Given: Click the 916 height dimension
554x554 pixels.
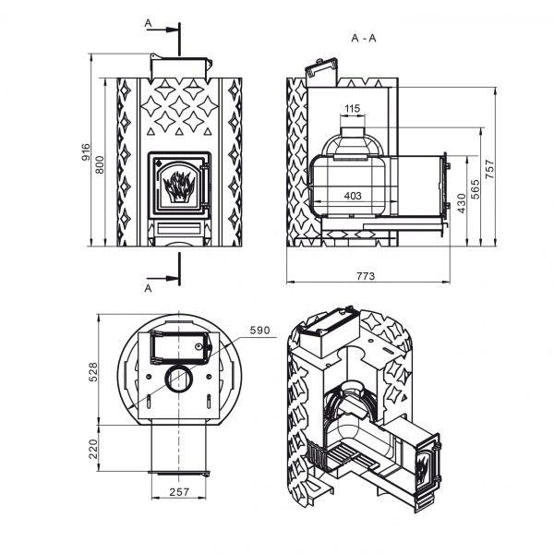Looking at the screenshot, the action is point(86,152).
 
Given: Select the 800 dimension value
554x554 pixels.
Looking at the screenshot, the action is point(101,164).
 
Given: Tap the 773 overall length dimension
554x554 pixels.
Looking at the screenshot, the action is point(366,276).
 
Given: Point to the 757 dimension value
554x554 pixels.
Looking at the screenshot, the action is point(490,169).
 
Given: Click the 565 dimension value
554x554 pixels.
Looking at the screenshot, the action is point(476,189).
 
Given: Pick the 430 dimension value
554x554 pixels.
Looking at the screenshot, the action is point(462,203).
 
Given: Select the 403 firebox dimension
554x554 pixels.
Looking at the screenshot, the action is point(353,196).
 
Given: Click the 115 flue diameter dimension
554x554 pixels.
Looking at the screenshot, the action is point(353,108).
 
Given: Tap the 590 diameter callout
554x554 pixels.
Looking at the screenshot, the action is point(259,331).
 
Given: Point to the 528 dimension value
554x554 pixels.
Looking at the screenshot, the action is point(93,372).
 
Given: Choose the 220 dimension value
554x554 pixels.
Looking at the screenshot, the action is point(93,449).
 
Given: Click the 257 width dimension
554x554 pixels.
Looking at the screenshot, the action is point(179,491).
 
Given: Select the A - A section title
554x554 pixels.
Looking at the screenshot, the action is point(364,38).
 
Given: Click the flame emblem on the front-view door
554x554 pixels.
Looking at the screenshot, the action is point(179,187).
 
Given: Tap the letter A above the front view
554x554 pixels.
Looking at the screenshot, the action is point(148,23).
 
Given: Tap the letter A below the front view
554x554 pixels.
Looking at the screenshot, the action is point(148,288).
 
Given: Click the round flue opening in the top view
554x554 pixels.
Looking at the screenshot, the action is point(179,379).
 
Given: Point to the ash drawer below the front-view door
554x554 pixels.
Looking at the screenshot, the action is point(179,229).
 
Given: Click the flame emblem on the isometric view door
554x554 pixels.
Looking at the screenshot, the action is point(422,467).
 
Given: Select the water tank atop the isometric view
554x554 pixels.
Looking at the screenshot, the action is point(329,331).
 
